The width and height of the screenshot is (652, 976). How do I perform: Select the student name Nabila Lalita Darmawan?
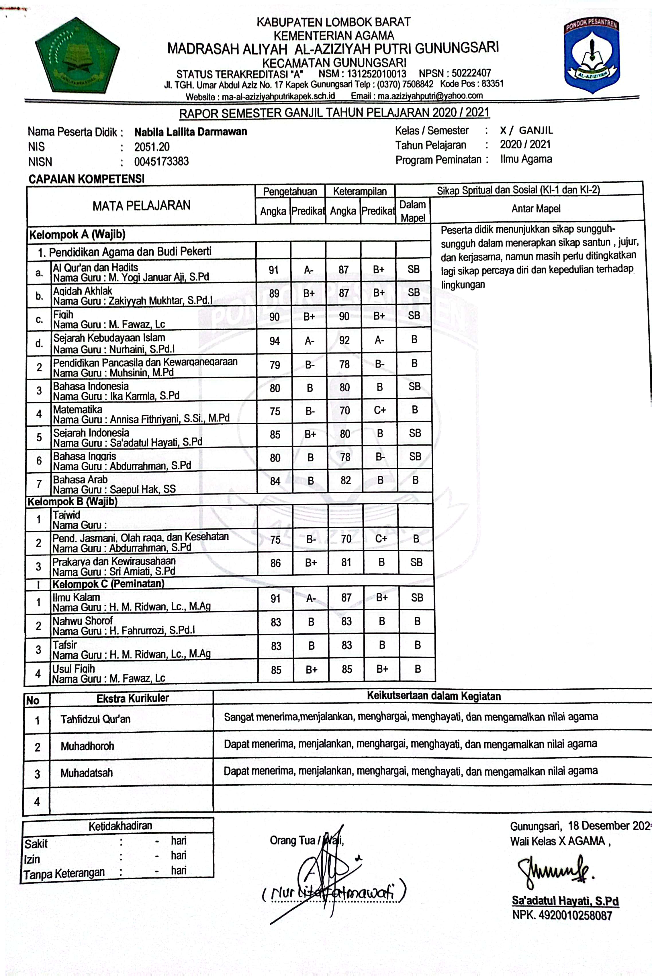pyautogui.click(x=191, y=132)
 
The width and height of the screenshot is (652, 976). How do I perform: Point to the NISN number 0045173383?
pyautogui.click(x=161, y=161)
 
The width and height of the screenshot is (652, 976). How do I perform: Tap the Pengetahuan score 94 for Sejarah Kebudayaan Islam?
pyautogui.click(x=275, y=341)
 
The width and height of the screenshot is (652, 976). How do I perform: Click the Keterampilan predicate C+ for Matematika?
pyautogui.click(x=380, y=410)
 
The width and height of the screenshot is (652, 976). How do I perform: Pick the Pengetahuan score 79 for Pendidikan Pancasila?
pyautogui.click(x=275, y=365)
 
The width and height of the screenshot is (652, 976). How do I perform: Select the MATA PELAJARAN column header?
pyautogui.click(x=141, y=206)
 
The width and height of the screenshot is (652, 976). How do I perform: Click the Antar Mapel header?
pyautogui.click(x=536, y=209)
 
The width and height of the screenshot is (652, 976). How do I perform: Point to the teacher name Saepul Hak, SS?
pyautogui.click(x=143, y=489)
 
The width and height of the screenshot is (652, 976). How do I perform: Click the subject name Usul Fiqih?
pyautogui.click(x=74, y=669)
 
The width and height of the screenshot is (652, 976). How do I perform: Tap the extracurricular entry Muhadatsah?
pyautogui.click(x=87, y=773)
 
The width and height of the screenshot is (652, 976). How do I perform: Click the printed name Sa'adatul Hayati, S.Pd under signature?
pyautogui.click(x=565, y=901)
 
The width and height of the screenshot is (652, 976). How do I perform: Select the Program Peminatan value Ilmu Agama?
pyautogui.click(x=526, y=159)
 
